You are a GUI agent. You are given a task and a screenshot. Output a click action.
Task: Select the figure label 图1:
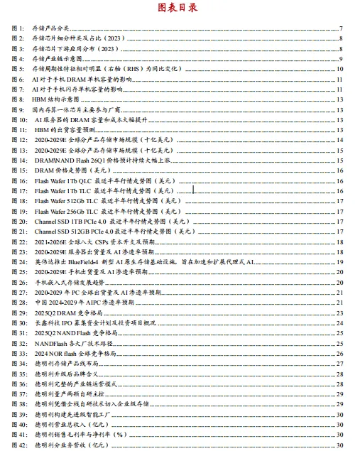click(18, 28)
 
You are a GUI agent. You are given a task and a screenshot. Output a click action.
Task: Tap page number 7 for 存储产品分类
click(342, 28)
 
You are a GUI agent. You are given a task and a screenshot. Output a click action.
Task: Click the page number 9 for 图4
click(342, 59)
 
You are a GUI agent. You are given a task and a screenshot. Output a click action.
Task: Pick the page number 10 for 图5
click(340, 70)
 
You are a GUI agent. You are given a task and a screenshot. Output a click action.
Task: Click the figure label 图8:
click(18, 101)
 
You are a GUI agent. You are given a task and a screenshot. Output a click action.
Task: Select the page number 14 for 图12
click(340, 141)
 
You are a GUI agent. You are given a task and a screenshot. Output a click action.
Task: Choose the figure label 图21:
click(19, 232)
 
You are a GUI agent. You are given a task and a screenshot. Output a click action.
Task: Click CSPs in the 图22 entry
click(107, 242)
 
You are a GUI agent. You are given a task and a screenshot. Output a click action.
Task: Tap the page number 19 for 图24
click(340, 263)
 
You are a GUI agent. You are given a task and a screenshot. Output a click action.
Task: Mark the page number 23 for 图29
click(340, 313)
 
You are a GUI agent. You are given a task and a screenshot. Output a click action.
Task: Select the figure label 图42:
click(19, 445)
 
